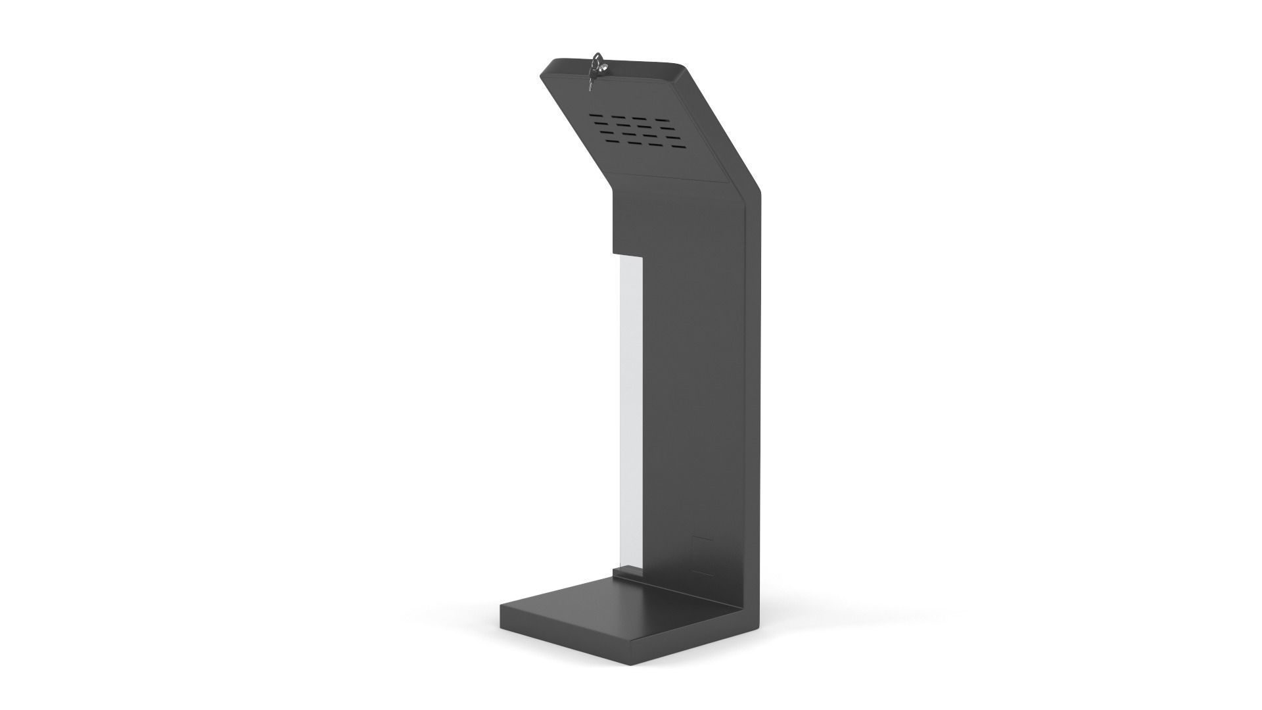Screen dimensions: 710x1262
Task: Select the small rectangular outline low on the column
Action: coord(703,556)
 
